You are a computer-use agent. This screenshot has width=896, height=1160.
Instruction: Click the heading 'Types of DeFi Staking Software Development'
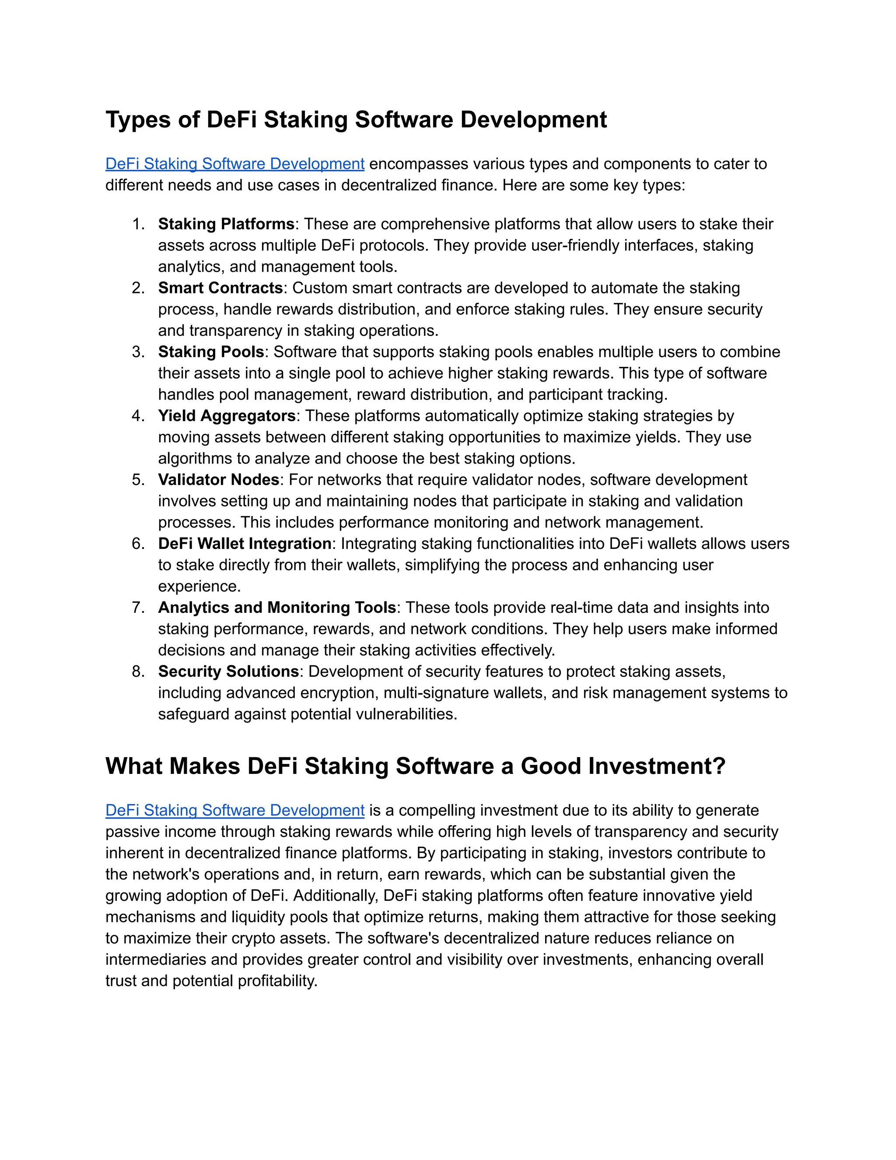[x=356, y=120]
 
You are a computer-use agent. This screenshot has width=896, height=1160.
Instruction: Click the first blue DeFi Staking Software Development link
[x=234, y=164]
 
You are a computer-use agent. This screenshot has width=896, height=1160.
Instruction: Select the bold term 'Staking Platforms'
[x=226, y=224]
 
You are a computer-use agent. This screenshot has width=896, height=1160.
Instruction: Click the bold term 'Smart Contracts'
[x=220, y=288]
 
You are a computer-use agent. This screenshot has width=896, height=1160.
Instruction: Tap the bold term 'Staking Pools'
[x=211, y=352]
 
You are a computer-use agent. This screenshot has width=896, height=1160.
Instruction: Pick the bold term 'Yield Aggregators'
[x=227, y=415]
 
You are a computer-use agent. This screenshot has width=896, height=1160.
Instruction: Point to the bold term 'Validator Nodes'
[x=219, y=480]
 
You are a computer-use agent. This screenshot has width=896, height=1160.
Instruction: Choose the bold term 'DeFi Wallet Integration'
[x=245, y=543]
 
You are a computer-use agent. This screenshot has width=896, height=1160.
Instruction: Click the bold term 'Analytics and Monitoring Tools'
[x=277, y=607]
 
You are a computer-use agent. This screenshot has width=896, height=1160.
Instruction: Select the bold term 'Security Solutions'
[x=228, y=671]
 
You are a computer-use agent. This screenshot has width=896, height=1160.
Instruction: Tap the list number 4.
[x=138, y=416]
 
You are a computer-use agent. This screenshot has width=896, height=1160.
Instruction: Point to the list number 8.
[x=138, y=671]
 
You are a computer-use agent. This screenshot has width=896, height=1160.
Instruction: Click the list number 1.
[x=138, y=224]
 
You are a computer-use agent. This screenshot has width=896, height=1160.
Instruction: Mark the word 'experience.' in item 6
[x=199, y=587]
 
